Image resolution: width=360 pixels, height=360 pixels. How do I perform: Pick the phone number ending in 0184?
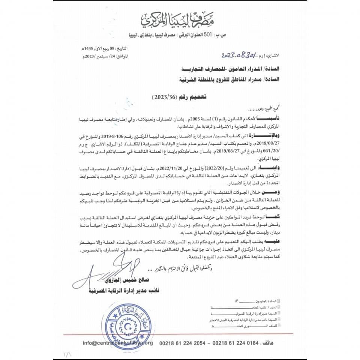click(x=235, y=343)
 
